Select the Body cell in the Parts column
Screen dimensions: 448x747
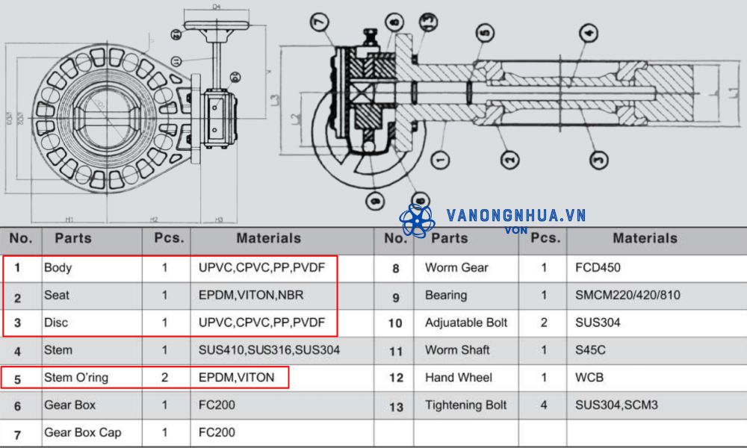(58, 267)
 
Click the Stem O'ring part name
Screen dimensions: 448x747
(76, 377)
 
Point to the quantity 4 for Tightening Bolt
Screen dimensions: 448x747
(544, 405)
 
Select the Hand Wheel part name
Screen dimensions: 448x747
(459, 377)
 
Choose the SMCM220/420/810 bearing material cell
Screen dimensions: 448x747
(627, 295)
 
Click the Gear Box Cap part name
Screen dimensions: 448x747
(83, 432)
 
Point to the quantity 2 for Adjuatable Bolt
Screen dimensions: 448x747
(544, 323)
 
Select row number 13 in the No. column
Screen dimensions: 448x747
(395, 406)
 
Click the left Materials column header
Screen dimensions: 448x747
(268, 238)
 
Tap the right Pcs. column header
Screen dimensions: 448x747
(544, 238)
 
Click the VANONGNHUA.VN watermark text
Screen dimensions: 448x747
(515, 216)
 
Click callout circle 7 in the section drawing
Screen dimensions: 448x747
(320, 22)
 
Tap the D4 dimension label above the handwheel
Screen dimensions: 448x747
(217, 7)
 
